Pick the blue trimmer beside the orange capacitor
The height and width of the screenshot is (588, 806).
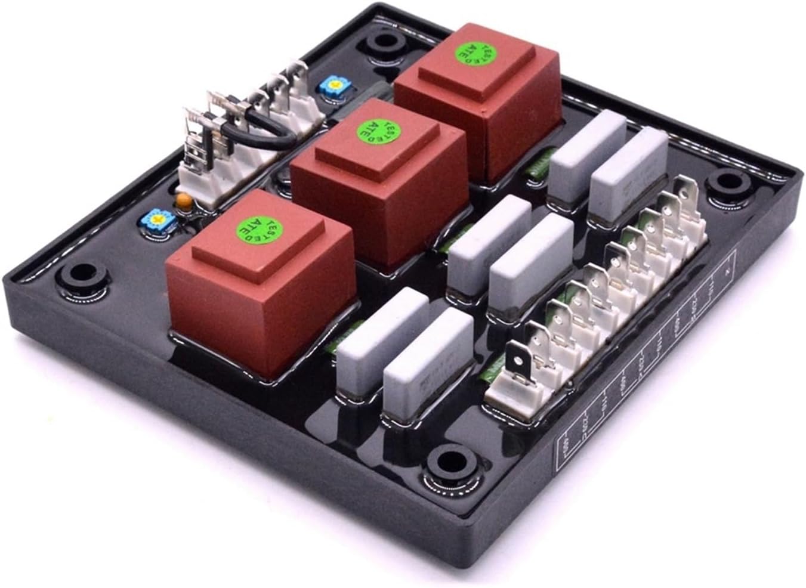pos(157,218)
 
